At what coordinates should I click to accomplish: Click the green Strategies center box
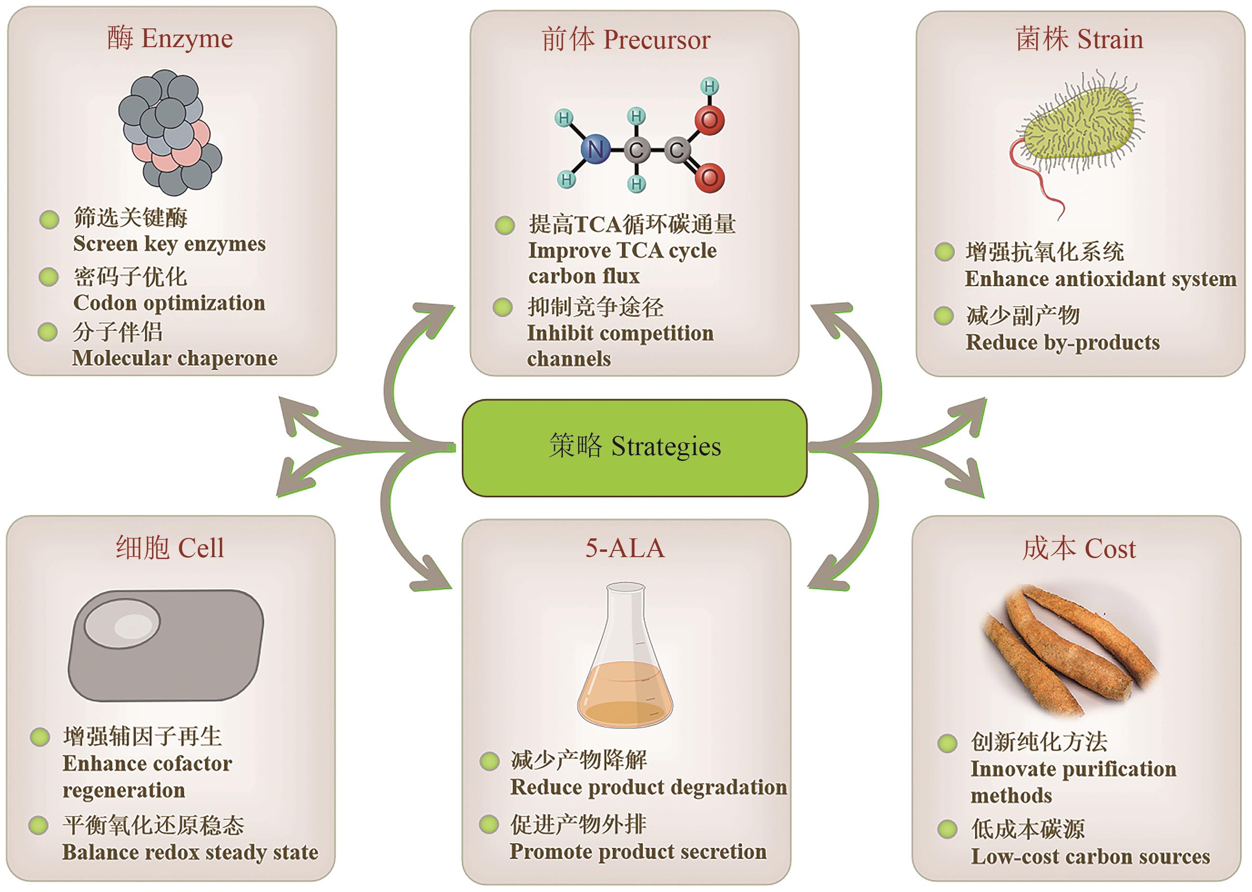point(634,447)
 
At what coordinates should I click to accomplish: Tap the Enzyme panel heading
point(170,38)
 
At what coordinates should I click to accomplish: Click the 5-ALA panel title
point(624,548)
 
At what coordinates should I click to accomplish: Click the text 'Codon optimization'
point(169,303)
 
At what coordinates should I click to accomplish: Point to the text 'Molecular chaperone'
point(175,358)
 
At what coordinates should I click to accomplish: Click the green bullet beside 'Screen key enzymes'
point(50,220)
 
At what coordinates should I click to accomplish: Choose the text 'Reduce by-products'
point(1062,342)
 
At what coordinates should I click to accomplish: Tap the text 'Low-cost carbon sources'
point(1090,856)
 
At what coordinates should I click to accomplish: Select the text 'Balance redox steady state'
point(190,852)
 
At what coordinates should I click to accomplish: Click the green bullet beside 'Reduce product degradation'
point(489,761)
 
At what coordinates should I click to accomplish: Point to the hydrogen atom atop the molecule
point(709,86)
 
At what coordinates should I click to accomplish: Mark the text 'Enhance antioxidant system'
point(1100,279)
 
